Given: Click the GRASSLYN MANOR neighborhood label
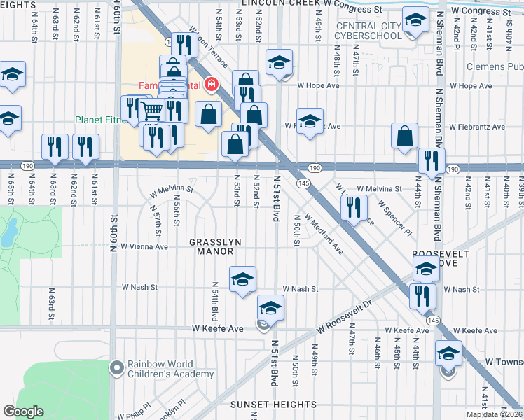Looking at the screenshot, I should [216, 246].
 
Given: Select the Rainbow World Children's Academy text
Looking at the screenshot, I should [170, 370].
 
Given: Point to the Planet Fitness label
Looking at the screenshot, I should [97, 120].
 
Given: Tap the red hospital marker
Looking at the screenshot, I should [209, 85].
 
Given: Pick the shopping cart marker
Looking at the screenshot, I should [152, 110].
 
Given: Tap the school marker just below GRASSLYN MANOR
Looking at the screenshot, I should [242, 279].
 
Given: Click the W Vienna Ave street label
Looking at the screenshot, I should [144, 246].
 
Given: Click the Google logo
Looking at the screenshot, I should [23, 412].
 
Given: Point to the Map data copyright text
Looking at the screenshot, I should [495, 415].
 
